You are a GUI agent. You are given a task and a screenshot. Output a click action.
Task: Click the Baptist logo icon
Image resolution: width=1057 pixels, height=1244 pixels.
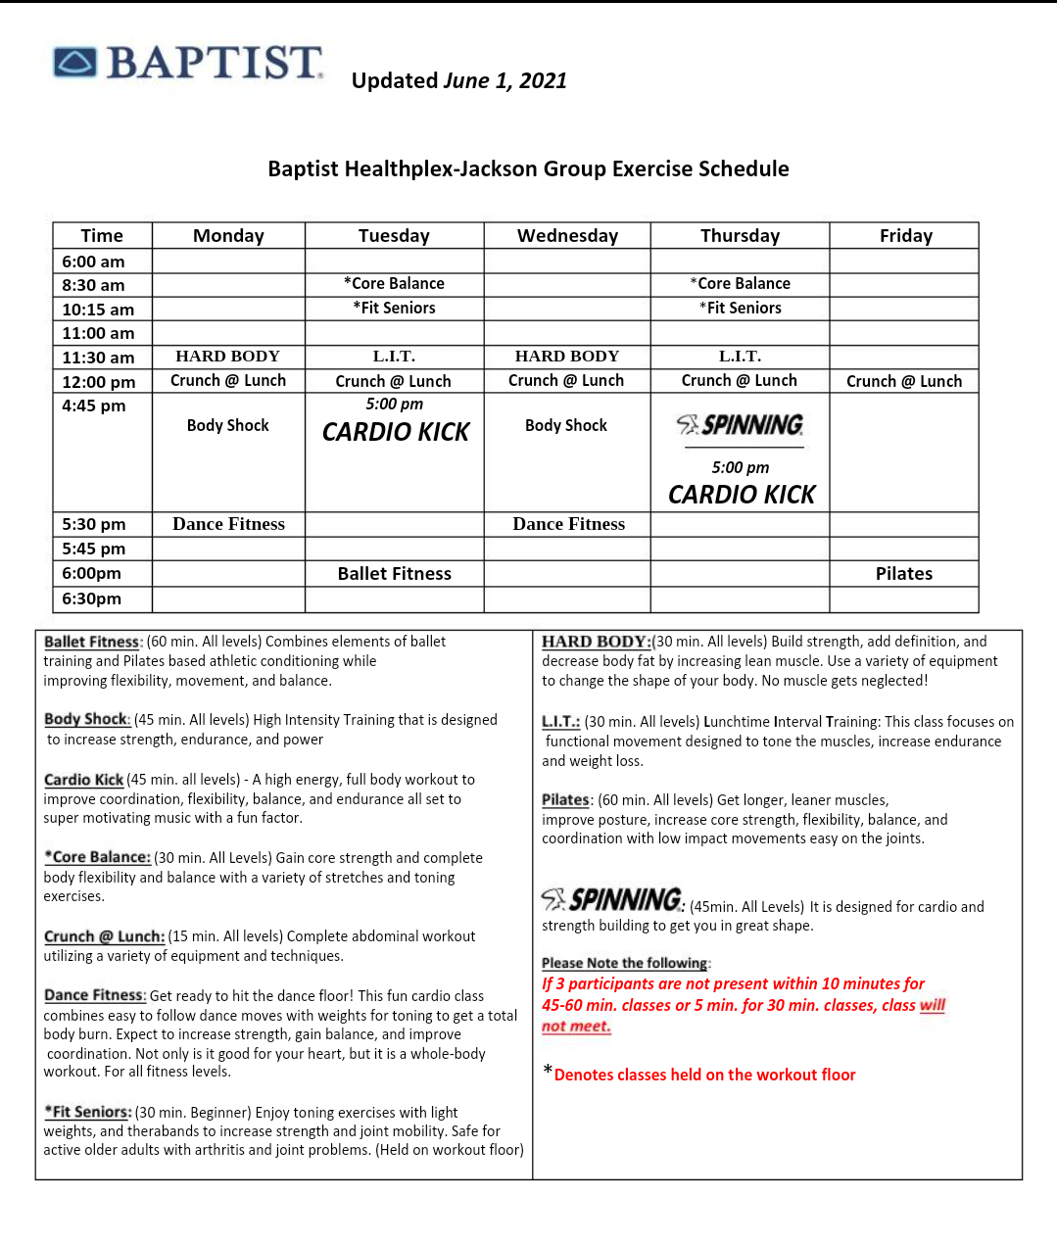pos(75,62)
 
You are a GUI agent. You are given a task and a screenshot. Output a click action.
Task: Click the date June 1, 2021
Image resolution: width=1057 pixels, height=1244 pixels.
pos(505,81)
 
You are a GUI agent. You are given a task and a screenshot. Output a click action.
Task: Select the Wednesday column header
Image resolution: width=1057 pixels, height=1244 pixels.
pos(567,236)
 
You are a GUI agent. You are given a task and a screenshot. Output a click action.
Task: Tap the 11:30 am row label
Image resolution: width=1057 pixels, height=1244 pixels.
pos(98,358)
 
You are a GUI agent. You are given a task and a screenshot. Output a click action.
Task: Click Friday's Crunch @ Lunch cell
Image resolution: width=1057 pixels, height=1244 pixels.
pos(903,381)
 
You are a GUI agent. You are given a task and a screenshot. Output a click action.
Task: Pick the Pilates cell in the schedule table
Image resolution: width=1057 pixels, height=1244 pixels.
pos(903,574)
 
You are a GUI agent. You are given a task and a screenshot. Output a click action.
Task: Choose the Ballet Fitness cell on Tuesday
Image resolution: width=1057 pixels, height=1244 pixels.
pos(394,574)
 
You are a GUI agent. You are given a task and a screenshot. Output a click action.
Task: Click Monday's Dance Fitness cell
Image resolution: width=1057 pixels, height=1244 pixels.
pos(228,524)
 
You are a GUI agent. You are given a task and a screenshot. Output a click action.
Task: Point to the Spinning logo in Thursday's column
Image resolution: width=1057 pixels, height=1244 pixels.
pos(741,425)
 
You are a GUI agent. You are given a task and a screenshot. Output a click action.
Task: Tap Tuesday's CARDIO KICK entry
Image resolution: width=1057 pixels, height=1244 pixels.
pos(396,432)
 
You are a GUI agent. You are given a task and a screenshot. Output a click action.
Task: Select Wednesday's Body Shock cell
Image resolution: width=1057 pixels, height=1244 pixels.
pos(566,425)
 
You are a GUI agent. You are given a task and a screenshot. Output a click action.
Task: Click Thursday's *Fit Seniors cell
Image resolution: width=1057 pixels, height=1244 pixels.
pos(741,308)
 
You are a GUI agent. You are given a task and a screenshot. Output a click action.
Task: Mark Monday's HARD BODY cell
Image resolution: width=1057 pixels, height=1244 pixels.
pos(227,357)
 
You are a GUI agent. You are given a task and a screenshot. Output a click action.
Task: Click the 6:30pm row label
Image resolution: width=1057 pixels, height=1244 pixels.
pos(93,598)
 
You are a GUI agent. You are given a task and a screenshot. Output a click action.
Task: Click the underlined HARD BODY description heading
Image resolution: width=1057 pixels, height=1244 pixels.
pos(596,642)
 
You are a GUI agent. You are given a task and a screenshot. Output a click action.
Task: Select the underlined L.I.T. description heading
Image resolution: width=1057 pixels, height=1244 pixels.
pos(560,722)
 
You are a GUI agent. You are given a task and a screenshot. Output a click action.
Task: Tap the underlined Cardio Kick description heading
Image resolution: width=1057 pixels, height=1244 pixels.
pos(83,780)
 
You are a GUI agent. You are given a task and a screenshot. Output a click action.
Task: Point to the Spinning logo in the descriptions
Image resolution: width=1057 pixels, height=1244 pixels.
pos(612,899)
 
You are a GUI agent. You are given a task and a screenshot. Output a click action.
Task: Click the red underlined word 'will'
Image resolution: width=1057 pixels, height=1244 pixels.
pos(933,1005)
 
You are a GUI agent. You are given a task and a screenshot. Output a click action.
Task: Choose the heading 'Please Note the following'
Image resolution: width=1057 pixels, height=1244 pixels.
pos(625,963)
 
